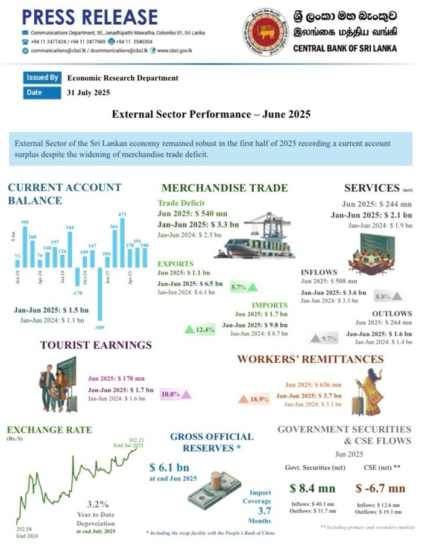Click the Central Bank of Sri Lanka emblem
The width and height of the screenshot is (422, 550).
265,32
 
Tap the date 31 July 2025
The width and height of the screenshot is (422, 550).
89,92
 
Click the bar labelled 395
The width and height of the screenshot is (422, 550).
25,247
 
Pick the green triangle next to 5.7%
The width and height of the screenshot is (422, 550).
252,287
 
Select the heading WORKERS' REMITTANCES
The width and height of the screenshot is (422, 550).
310,359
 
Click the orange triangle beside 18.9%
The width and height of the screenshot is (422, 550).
243,399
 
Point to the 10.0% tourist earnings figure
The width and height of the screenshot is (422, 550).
171,394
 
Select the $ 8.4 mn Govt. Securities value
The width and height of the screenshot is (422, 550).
309,488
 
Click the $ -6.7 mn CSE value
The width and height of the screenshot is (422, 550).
380,488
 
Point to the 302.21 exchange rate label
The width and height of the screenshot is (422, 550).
136,440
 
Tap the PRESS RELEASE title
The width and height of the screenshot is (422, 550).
90,16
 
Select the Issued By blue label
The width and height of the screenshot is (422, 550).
42,78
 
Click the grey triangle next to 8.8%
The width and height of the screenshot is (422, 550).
397,296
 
